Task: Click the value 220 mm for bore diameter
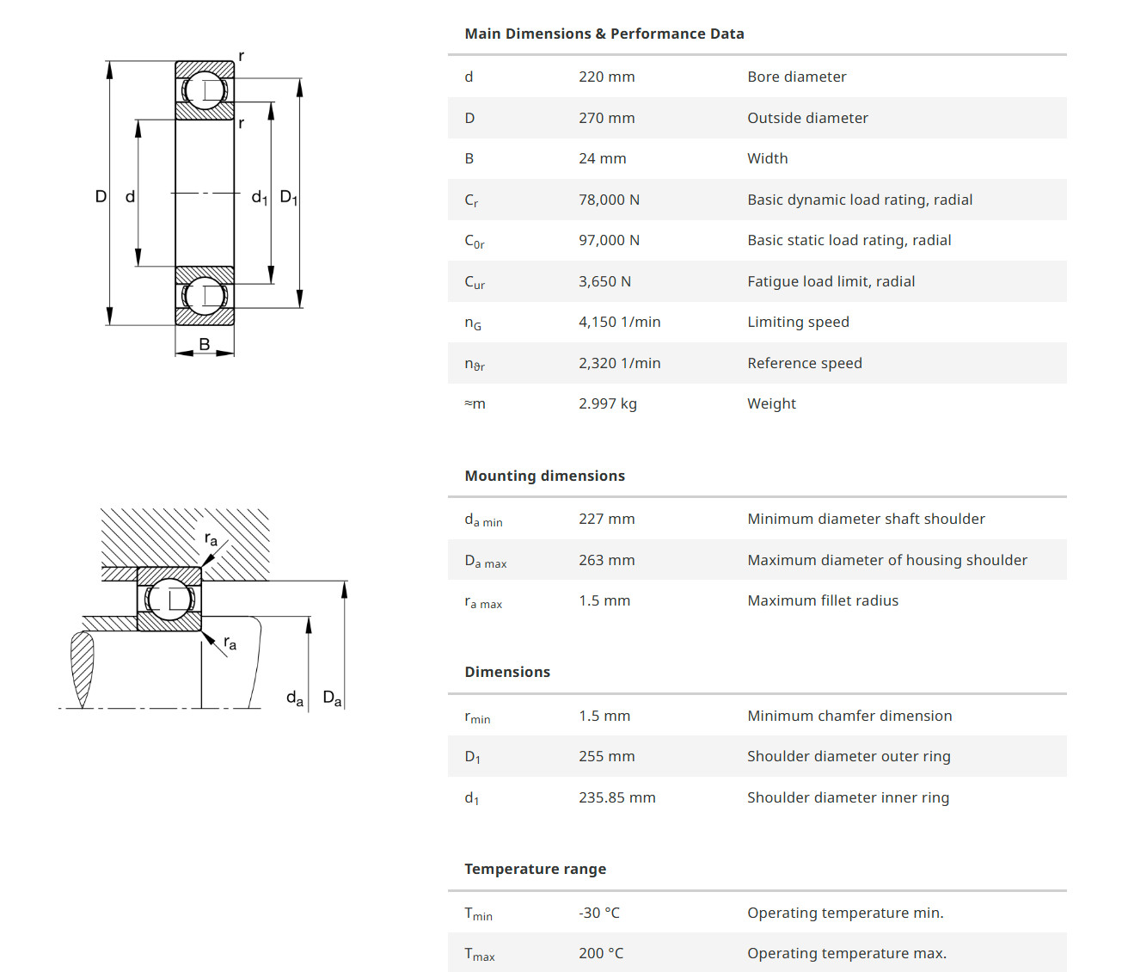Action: (606, 77)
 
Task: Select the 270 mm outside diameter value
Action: (606, 118)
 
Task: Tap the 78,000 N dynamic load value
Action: (609, 200)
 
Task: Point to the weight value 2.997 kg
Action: (607, 403)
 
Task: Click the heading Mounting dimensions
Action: (544, 476)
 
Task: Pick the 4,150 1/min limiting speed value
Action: (619, 322)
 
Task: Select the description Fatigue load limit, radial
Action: (831, 281)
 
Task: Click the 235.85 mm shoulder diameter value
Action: (616, 797)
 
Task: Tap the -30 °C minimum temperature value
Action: (598, 913)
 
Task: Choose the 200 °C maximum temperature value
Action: (601, 953)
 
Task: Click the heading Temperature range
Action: (535, 869)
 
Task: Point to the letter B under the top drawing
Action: (205, 344)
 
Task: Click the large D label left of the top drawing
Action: (101, 196)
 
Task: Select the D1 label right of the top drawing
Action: (288, 198)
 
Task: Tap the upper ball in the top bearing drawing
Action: (205, 89)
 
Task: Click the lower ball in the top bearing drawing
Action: (205, 296)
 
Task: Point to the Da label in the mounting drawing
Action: (332, 698)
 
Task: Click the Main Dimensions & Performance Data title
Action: (604, 34)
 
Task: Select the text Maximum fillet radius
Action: (822, 600)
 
